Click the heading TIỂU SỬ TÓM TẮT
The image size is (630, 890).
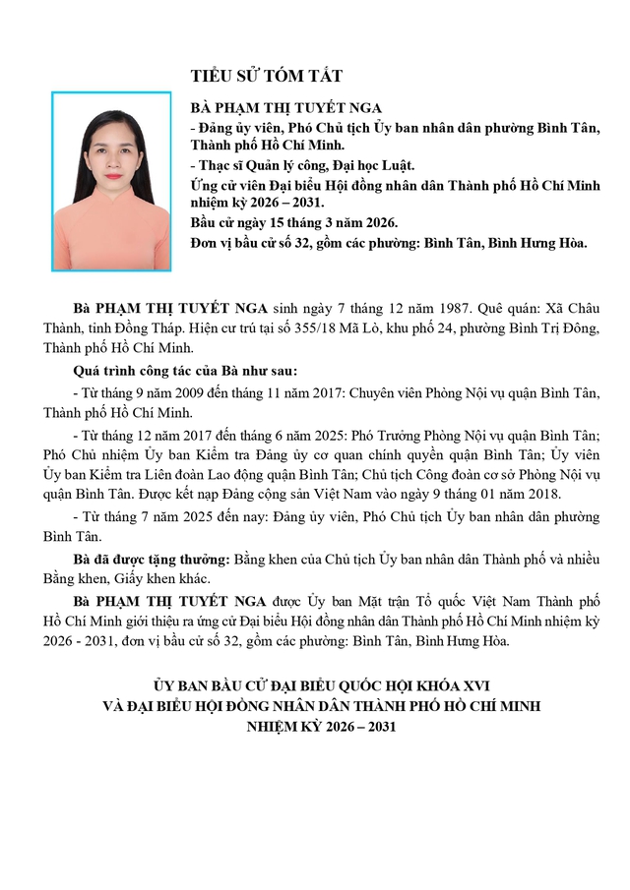click(x=267, y=76)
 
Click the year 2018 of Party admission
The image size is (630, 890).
click(x=537, y=493)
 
